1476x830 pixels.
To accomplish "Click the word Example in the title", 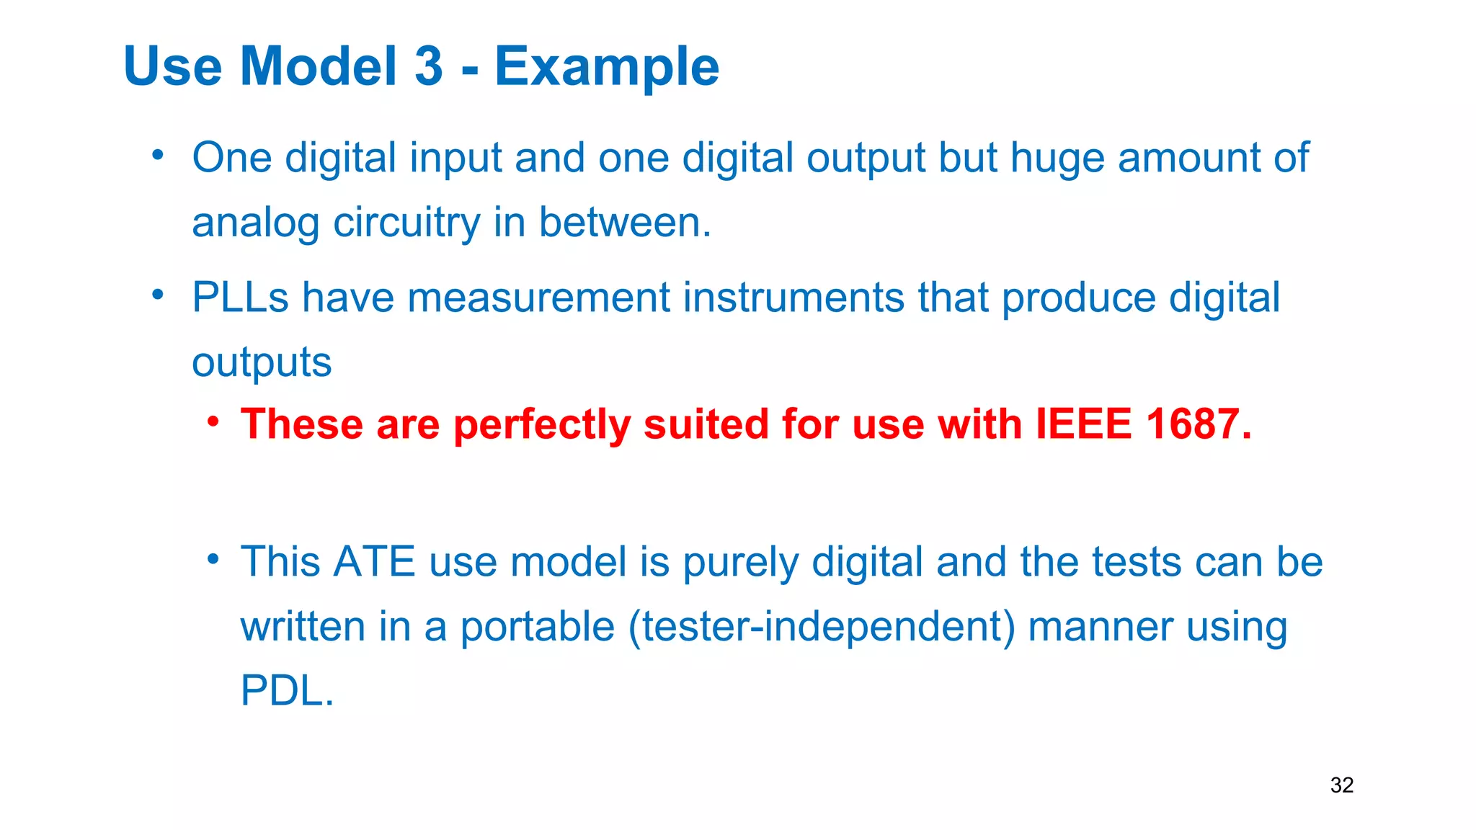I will click(607, 67).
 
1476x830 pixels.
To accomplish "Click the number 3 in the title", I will click(428, 66).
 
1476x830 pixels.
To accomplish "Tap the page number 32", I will click(1341, 785).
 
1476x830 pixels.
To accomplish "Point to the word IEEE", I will click(1083, 424).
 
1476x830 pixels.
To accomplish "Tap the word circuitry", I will click(406, 223).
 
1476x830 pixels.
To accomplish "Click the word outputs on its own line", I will click(262, 362).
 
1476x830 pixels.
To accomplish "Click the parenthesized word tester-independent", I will click(822, 626).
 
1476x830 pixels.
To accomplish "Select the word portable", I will click(537, 626).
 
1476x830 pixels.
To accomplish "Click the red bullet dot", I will click(213, 421).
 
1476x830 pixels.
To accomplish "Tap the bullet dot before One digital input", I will click(158, 155).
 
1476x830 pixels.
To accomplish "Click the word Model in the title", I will click(319, 66).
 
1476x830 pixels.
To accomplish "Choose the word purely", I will click(740, 563).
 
